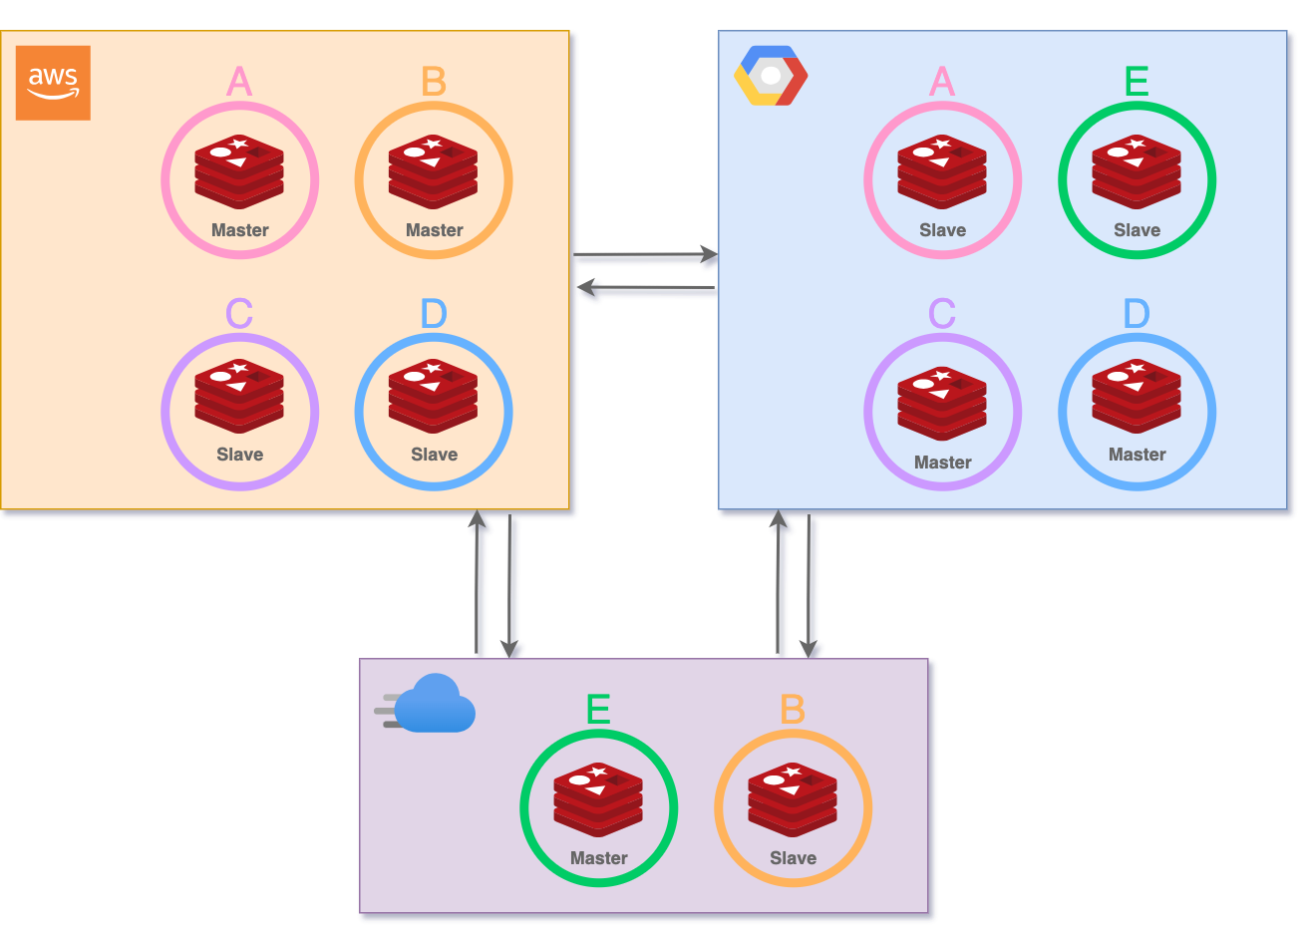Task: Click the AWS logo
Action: [53, 83]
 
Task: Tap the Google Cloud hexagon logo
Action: [770, 76]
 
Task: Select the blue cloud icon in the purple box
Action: [429, 705]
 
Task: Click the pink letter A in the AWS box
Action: [239, 82]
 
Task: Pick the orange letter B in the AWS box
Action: [434, 82]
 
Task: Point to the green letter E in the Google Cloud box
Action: [1137, 82]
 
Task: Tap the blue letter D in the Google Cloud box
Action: [1137, 314]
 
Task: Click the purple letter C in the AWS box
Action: [239, 314]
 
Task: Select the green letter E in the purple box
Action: [598, 710]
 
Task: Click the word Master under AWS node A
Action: [239, 230]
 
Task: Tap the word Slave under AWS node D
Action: [434, 455]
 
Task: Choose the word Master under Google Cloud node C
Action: [942, 463]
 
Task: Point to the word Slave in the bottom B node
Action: [793, 858]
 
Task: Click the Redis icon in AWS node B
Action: [434, 170]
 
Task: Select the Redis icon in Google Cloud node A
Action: [942, 170]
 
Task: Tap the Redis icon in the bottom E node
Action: [598, 798]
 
